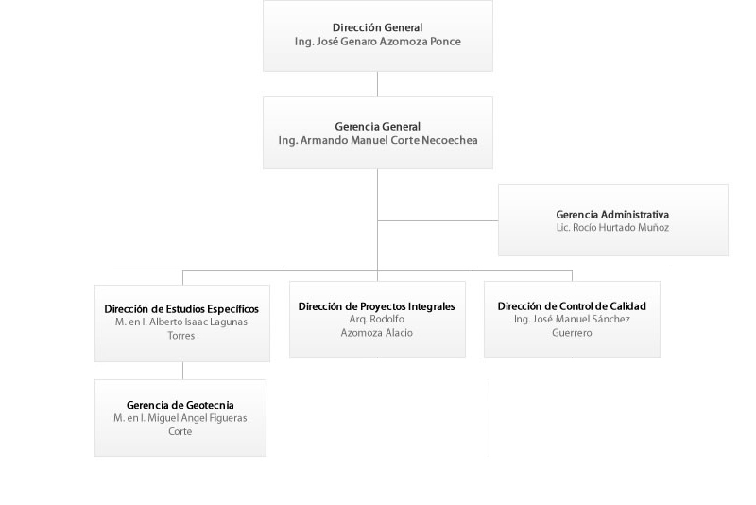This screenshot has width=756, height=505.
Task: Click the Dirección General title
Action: pyautogui.click(x=377, y=28)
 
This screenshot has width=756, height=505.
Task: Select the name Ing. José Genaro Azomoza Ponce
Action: pyautogui.click(x=377, y=42)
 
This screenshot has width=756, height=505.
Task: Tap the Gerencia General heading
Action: pyautogui.click(x=377, y=127)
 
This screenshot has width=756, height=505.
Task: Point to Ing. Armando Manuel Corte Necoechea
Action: pyautogui.click(x=377, y=140)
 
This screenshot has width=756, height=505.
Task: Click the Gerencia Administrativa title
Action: pyautogui.click(x=612, y=215)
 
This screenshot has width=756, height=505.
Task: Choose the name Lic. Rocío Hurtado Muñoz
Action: pyautogui.click(x=612, y=228)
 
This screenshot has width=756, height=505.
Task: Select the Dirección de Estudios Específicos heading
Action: pyautogui.click(x=181, y=309)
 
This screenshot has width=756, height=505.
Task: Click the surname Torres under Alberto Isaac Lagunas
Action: pyautogui.click(x=181, y=335)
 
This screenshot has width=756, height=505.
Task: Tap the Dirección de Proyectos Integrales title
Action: pyautogui.click(x=376, y=306)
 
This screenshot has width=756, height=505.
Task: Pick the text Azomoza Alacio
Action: pyautogui.click(x=376, y=333)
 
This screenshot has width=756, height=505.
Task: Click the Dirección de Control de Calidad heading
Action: pyautogui.click(x=572, y=306)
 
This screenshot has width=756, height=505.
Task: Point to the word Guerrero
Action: pyautogui.click(x=572, y=333)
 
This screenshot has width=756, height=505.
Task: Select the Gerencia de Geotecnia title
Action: pyautogui.click(x=180, y=405)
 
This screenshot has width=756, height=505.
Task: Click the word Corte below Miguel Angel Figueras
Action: pyautogui.click(x=180, y=431)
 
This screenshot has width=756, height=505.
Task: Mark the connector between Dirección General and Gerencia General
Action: pyautogui.click(x=377, y=84)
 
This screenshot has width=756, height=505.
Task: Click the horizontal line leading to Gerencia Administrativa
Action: pyautogui.click(x=438, y=221)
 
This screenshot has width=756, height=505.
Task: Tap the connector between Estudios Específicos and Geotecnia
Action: pyautogui.click(x=182, y=371)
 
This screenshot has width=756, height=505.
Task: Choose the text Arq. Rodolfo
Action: pyautogui.click(x=376, y=320)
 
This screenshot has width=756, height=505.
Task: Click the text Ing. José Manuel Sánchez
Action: pyautogui.click(x=572, y=320)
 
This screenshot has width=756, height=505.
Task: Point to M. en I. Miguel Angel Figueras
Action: pyautogui.click(x=180, y=418)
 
